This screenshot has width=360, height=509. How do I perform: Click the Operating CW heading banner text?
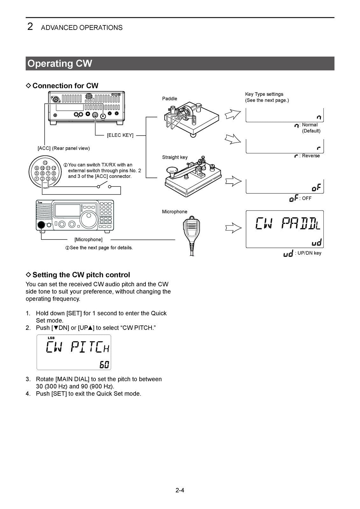60,63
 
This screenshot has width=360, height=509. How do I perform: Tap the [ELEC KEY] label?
120,135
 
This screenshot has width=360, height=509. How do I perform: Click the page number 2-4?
180,490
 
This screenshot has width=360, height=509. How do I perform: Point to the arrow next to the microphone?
233,228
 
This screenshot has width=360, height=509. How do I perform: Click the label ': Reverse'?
309,156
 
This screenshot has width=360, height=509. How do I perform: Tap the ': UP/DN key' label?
308,253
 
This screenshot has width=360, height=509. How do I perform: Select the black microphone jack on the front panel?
41,225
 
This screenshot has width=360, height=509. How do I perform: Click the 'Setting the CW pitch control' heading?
81,275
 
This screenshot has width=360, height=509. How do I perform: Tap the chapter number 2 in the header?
30,27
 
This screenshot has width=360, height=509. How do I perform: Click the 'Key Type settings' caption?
264,94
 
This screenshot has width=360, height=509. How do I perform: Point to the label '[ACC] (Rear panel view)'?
64,148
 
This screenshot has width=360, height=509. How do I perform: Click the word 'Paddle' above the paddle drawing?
169,99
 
